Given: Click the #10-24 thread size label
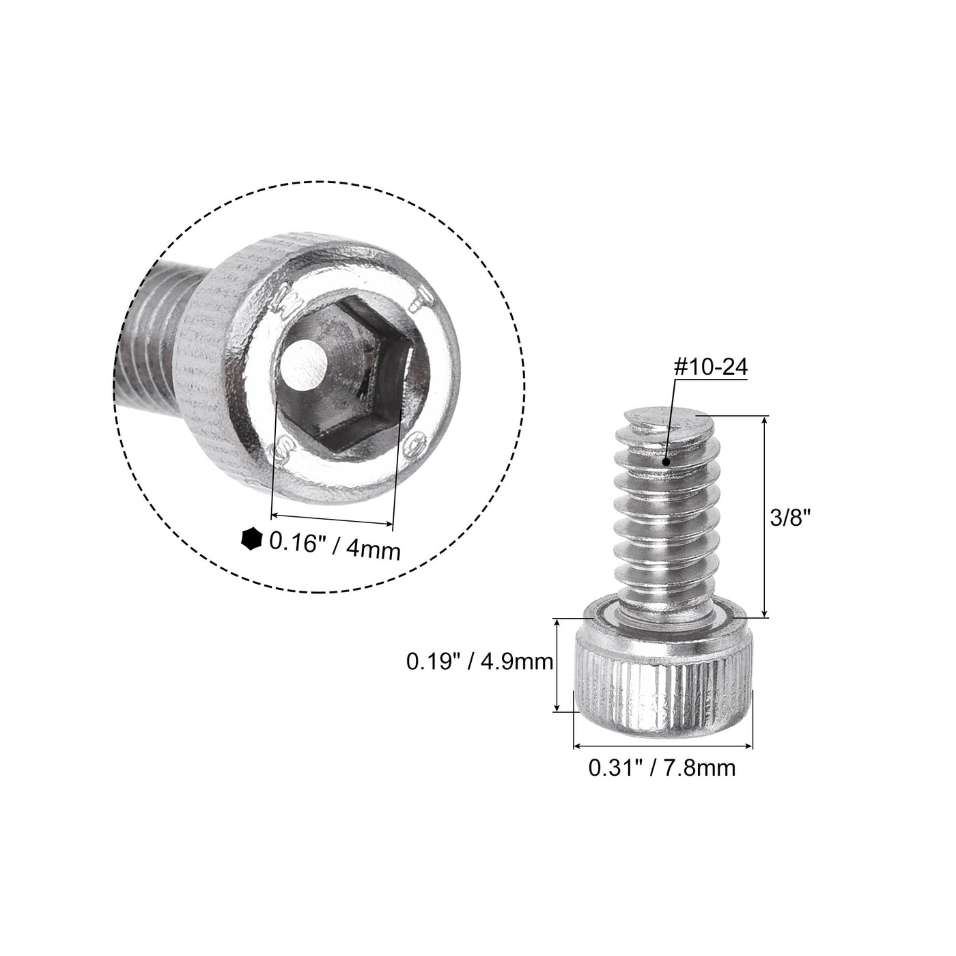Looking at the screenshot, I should pos(710,367).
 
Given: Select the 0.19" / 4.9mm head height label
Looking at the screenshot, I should pos(479,662).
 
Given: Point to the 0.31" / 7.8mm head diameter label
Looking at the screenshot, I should pos(662,768).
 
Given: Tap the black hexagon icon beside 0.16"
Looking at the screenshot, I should pos(251,539).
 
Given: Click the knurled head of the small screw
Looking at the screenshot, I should pos(662,690).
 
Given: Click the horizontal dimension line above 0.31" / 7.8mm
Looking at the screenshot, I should pos(662,746).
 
